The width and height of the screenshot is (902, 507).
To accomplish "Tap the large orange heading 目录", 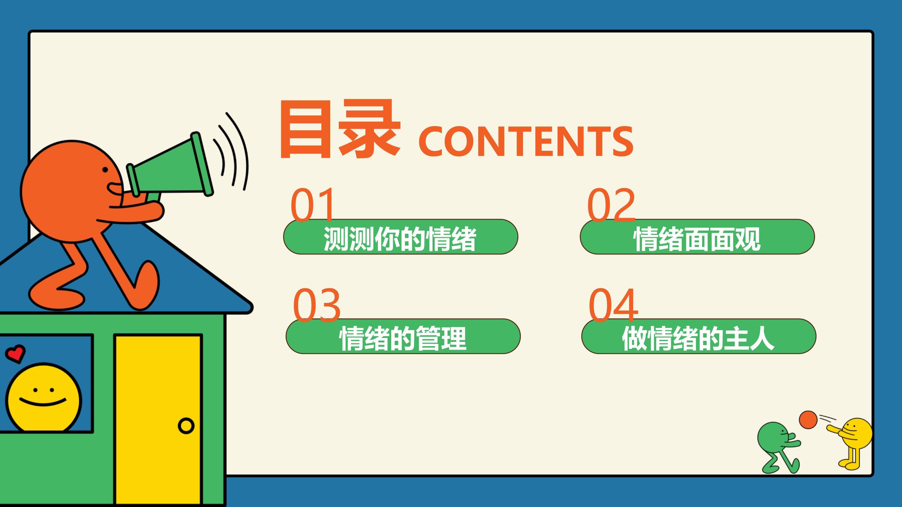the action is pyautogui.click(x=339, y=129).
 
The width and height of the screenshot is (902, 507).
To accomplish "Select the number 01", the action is pyautogui.click(x=312, y=205).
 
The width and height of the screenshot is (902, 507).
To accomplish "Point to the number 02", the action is pyautogui.click(x=611, y=205).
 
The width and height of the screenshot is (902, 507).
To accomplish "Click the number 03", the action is pyautogui.click(x=317, y=305).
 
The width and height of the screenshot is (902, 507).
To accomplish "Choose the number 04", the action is pyautogui.click(x=613, y=305).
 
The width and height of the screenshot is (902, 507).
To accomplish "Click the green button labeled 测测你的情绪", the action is pyautogui.click(x=400, y=237).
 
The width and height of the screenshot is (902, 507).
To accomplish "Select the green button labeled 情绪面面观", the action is pyautogui.click(x=697, y=237).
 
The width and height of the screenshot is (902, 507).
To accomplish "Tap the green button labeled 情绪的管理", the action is pyautogui.click(x=403, y=336).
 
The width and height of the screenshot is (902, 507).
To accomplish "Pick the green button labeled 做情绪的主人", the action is pyautogui.click(x=698, y=336).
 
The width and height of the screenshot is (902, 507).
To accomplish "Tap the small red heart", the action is pyautogui.click(x=15, y=353).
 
